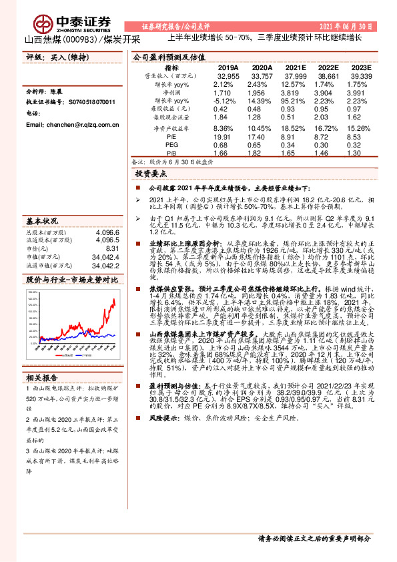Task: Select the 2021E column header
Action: click(x=296, y=67)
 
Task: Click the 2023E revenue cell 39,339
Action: click(x=358, y=77)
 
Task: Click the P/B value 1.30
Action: click(x=358, y=153)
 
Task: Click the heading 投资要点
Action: click(x=151, y=172)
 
